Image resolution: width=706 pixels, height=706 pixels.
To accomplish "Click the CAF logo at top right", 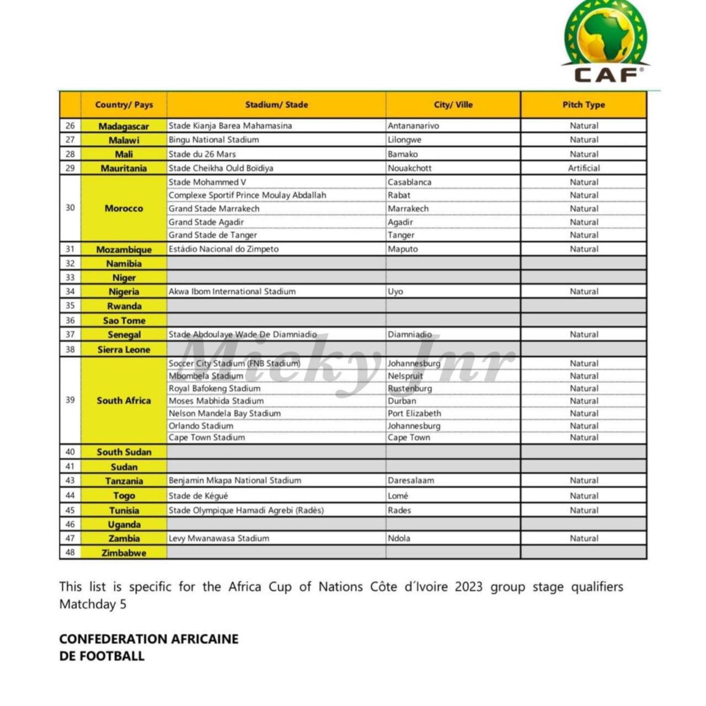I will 606,42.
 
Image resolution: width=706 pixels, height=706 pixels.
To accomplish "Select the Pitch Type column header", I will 584,105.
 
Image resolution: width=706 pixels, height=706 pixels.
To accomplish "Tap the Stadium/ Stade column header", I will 276,105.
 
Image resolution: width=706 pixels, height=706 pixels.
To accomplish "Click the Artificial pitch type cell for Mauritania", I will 584,168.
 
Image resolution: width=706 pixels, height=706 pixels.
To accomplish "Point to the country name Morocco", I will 124,208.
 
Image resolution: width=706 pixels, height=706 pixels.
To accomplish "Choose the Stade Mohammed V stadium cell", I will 207,182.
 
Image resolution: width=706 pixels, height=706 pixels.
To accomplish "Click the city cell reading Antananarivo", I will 413,126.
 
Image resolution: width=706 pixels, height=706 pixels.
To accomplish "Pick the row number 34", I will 70,291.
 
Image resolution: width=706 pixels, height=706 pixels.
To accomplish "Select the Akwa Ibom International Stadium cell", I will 232,291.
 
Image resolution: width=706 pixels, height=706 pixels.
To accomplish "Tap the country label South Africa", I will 124,400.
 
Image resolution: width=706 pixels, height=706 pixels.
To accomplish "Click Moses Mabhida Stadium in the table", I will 216,401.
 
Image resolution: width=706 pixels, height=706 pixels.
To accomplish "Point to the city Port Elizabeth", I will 414,413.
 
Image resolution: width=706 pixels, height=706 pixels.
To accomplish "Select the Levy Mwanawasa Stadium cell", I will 219,538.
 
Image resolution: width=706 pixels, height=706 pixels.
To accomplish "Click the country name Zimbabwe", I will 124,553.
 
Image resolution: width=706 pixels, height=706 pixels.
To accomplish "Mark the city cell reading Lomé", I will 398,496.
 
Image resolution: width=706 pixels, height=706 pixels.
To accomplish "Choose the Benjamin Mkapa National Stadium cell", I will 235,480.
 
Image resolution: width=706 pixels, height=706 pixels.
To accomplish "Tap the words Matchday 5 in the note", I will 93,604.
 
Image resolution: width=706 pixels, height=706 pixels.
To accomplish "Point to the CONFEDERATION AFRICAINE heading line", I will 149,639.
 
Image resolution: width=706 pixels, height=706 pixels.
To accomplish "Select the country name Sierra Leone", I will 124,349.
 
